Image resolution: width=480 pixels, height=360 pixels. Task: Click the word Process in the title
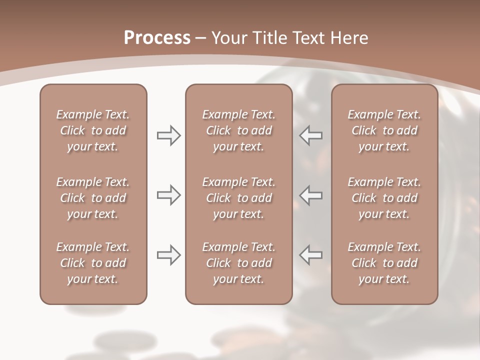coord(157,38)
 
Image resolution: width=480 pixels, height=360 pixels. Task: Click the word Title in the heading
coord(269,38)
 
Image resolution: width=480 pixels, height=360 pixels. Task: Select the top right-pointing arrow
coord(168,135)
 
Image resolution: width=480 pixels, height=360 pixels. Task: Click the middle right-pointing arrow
coord(168,194)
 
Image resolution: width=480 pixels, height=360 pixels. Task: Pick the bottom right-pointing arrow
coord(168,254)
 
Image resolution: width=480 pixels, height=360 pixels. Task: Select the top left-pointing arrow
coord(311,135)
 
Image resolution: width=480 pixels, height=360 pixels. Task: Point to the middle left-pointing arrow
coord(311,194)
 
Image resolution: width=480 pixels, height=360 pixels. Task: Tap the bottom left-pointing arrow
coord(311,254)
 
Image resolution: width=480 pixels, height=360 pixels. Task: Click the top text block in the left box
coord(93,130)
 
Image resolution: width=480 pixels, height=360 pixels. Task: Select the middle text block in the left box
coord(93,198)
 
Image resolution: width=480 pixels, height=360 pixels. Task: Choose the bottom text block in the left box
coord(93,263)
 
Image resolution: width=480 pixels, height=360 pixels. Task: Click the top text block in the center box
coord(238,130)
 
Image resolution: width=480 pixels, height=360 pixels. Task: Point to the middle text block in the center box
coord(238,198)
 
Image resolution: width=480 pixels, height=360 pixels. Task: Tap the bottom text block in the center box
coord(238,263)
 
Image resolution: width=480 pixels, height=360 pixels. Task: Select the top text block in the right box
coord(384,130)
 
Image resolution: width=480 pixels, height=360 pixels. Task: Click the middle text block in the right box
coord(384,198)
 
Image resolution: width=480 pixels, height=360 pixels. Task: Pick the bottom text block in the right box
coord(384,263)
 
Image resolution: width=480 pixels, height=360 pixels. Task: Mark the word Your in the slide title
coord(229,38)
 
